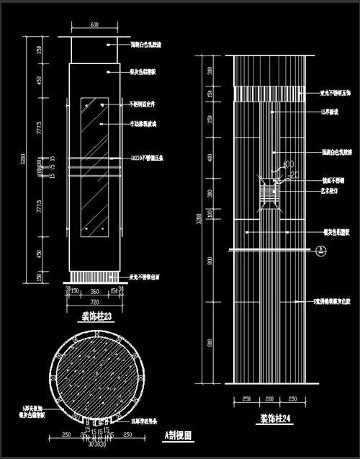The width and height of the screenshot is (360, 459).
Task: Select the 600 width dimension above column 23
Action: tap(94, 25)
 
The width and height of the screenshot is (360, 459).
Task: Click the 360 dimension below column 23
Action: tap(94, 290)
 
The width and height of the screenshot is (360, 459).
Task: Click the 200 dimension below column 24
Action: tap(270, 398)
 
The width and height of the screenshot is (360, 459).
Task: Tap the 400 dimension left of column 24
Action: tap(210, 157)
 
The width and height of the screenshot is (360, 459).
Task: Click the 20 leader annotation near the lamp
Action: tap(294, 174)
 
